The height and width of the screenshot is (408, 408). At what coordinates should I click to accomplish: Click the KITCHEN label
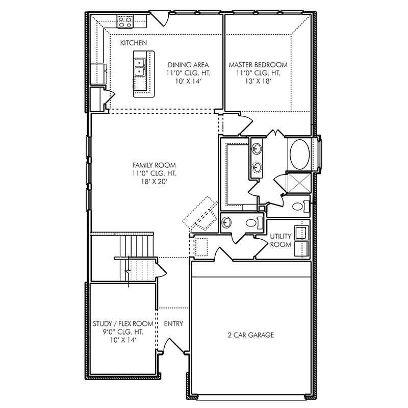pos(134,43)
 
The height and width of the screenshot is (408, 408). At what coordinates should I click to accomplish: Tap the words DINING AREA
pos(188,65)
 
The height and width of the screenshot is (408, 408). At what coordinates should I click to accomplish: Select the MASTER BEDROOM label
pos(258,65)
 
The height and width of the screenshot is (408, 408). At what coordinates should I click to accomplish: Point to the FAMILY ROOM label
pos(154,165)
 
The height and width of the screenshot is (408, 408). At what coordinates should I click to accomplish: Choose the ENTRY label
pos(173,324)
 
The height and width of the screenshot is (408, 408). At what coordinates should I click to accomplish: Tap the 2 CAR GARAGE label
pos(250,335)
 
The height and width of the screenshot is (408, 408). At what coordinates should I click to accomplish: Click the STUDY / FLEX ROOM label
pos(123,324)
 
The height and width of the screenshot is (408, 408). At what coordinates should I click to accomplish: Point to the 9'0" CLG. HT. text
pos(123,331)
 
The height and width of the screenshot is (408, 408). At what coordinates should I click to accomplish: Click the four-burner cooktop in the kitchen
pos(125,21)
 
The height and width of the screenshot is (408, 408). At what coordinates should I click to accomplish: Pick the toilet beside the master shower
pos(299,207)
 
